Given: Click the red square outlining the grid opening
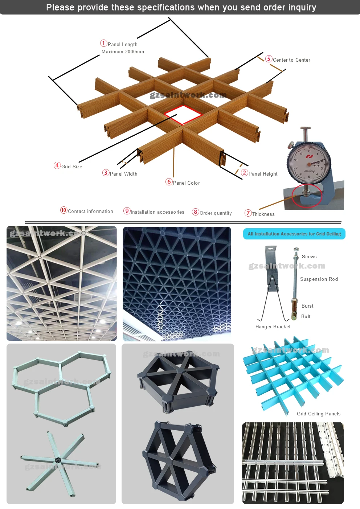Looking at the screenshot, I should coord(183,115).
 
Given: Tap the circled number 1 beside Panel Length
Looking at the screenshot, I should coord(104,44).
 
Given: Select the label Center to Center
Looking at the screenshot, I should coord(291,60).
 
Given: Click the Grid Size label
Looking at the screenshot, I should coord(72,167).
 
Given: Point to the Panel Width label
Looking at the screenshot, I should coord(123,174).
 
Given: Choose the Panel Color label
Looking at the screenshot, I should coord(186,183).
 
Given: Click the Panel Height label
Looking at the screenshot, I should coord(263,174).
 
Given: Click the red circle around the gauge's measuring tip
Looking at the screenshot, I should coord(307,196).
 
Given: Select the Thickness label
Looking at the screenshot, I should coord(263,214).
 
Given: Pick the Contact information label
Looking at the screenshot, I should coord(90,212).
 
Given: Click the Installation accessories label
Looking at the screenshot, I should coord(157,212).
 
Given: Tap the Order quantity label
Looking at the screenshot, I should coord(216,213).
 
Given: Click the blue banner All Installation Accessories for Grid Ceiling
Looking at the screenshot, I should coord(294,234).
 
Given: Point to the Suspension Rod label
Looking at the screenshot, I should coord(319,279).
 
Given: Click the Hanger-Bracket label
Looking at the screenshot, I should coord(273,327).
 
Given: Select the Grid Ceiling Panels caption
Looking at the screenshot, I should coord(318,414).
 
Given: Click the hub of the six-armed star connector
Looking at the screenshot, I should coord(58,460).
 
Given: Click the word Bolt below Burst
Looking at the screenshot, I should coord(306,317).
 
